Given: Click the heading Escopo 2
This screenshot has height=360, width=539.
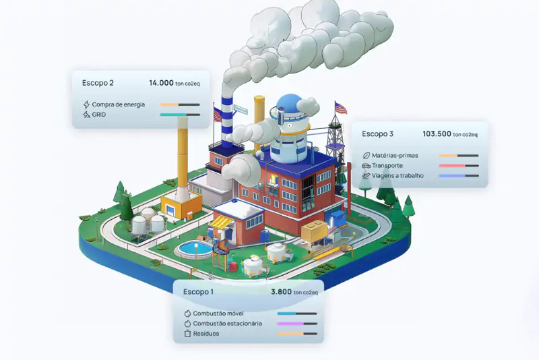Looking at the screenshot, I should (98, 83).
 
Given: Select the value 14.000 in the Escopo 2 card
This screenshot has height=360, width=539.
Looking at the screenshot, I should (162, 83).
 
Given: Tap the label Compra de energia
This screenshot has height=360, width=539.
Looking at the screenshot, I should (118, 104).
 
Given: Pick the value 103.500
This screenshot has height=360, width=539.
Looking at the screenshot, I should (437, 133).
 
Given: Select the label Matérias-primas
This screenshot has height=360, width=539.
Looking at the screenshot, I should (395, 156).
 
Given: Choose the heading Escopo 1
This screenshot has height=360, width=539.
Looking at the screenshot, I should (198, 292).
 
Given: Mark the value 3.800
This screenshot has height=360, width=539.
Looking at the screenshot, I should (282, 292).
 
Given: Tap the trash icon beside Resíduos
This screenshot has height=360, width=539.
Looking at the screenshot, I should (187, 333).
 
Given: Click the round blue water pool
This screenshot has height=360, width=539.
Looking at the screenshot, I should (193, 249).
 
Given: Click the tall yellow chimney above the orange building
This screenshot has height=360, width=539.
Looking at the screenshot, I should (183, 155).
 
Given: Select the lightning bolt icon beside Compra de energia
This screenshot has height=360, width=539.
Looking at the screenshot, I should (86, 104).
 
